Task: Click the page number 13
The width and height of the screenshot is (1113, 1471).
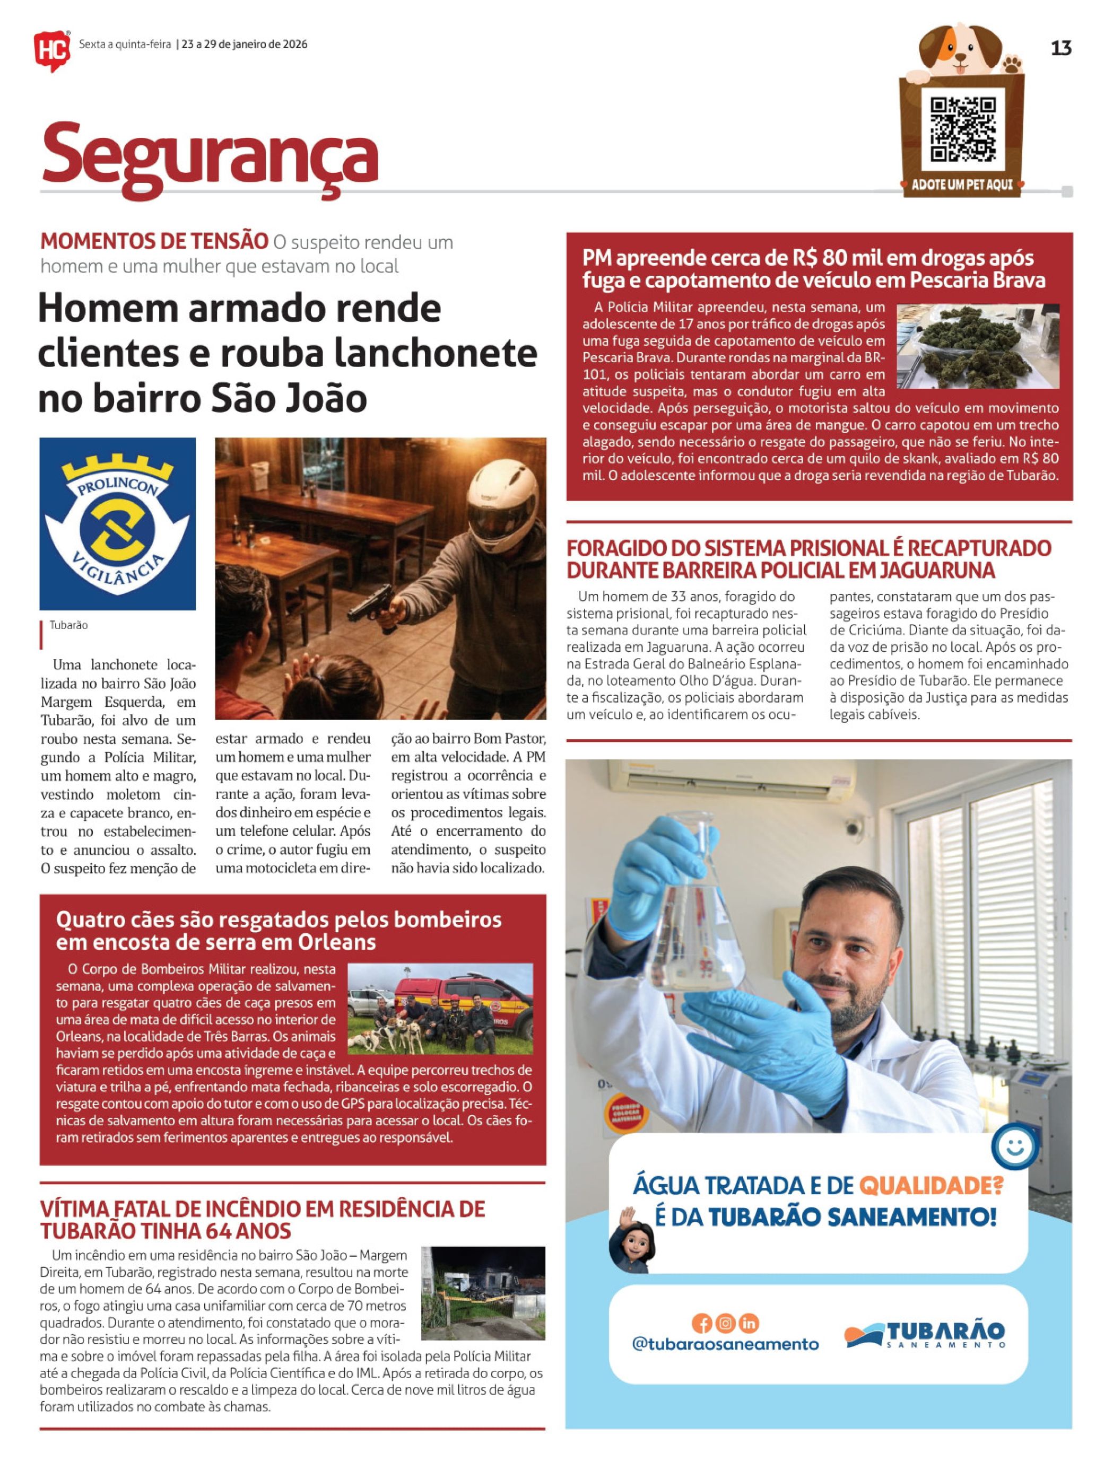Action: [x=1060, y=49]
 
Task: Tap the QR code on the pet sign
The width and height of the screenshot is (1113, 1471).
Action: [x=962, y=129]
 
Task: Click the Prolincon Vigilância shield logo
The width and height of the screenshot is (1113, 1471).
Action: [x=117, y=524]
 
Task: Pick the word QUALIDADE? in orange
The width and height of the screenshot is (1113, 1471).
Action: [x=931, y=1185]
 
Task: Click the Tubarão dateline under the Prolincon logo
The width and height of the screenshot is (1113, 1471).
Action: [x=68, y=625]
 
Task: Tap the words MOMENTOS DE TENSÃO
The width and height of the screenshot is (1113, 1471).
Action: [x=154, y=241]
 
